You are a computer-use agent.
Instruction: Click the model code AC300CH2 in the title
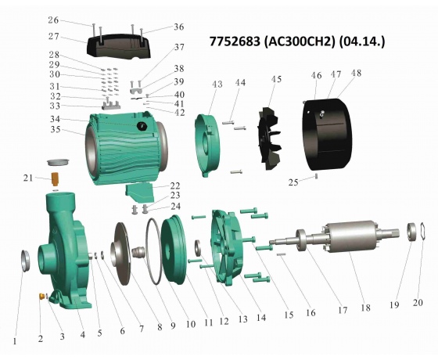[300, 42]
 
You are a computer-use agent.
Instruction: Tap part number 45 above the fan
[276, 79]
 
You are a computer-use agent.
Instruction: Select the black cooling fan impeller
[269, 139]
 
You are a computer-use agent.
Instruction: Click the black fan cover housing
[328, 134]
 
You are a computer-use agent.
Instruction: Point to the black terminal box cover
[119, 46]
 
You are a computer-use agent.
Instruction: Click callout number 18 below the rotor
[365, 308]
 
